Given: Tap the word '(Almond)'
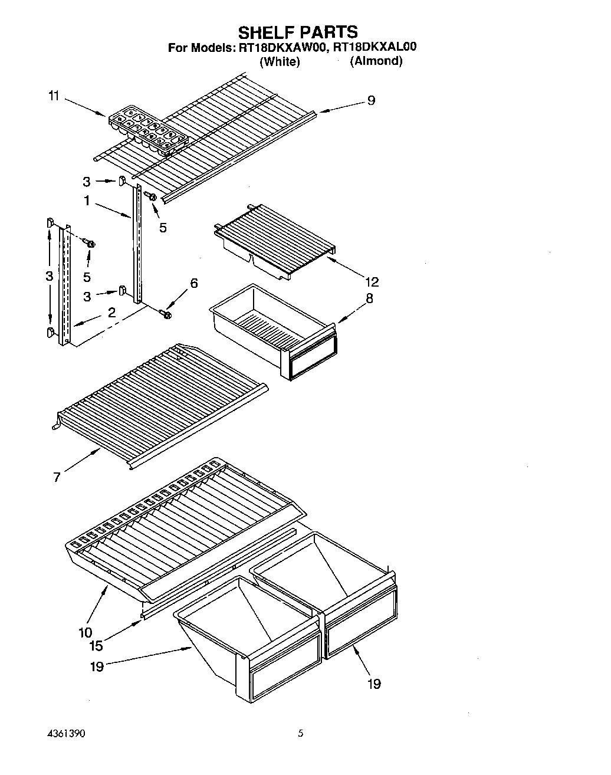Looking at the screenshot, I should point(376,61).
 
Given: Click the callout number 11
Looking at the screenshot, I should point(54,96).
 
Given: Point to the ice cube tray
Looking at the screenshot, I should point(148,130).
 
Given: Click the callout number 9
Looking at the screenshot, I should point(370,100).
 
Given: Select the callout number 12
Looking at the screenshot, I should point(372,281).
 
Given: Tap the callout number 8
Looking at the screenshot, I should point(369,298).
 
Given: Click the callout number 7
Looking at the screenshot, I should point(57,477).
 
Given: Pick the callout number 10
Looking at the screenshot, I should point(85,632).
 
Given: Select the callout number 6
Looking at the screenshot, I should point(193,284).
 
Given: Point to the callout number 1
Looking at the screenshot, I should point(87,201).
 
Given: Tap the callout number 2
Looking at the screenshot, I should point(111,313).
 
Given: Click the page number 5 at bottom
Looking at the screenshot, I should point(301,734).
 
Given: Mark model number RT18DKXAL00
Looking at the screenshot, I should point(375,48).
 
